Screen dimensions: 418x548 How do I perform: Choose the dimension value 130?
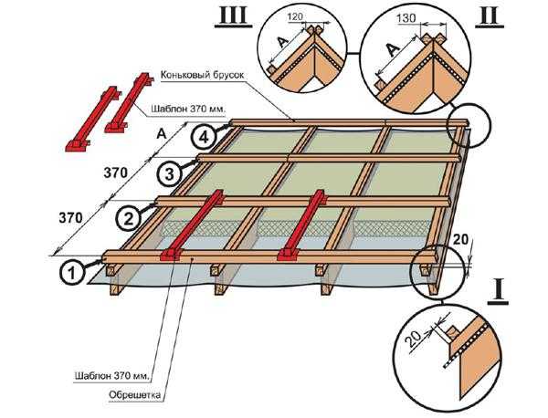click(411, 18)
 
